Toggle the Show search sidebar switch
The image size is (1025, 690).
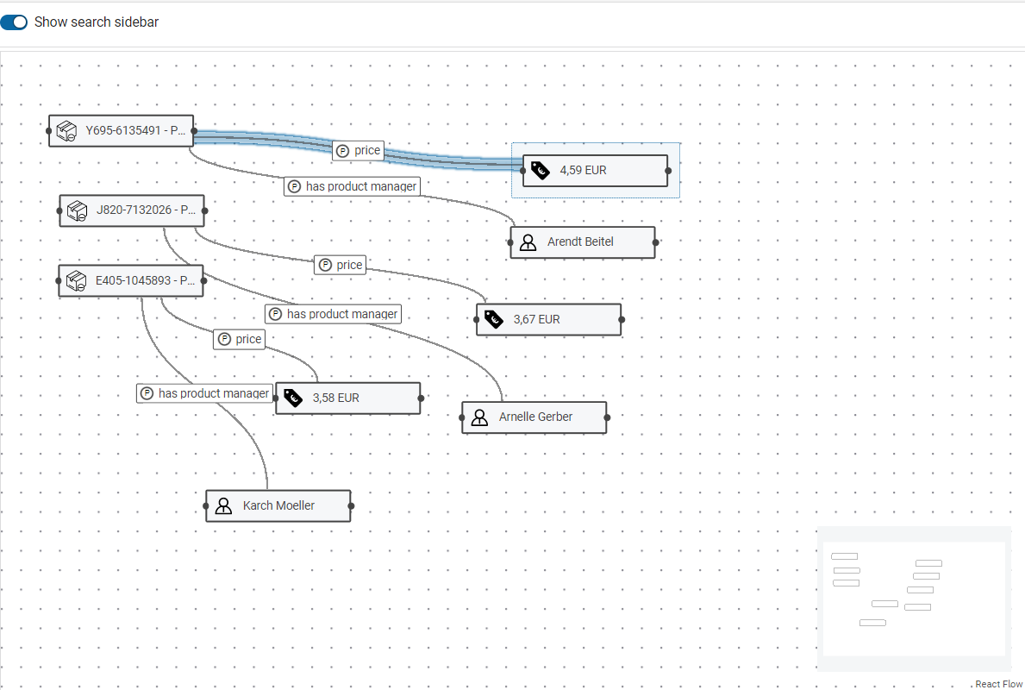click(x=15, y=22)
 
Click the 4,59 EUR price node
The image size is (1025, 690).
click(x=595, y=171)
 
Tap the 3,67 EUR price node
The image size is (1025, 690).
click(x=548, y=319)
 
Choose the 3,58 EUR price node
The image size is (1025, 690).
click(x=348, y=398)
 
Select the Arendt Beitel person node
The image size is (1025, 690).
click(x=583, y=242)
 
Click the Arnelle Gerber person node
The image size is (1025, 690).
click(x=534, y=417)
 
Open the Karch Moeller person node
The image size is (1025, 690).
click(x=278, y=506)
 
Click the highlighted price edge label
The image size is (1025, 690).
click(x=359, y=151)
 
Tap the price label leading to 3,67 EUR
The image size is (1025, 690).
click(x=341, y=266)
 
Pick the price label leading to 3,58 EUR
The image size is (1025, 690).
click(x=239, y=340)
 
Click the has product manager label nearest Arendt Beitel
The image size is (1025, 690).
click(x=353, y=186)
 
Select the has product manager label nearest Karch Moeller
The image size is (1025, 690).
click(x=205, y=393)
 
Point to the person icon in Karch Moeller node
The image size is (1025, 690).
click(x=224, y=506)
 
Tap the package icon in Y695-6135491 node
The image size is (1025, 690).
click(x=66, y=131)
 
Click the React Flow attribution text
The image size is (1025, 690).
click(x=998, y=684)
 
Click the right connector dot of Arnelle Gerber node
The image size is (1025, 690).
click(x=607, y=417)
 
